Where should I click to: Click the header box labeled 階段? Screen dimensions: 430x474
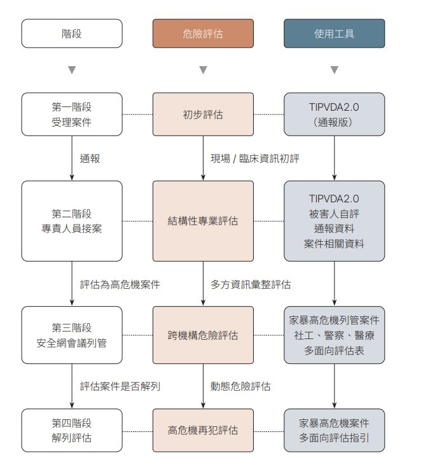(x=72, y=34)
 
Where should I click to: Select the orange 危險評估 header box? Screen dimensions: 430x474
(x=203, y=34)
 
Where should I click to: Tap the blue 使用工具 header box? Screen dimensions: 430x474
(x=334, y=34)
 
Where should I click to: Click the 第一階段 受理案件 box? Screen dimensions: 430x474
(x=72, y=115)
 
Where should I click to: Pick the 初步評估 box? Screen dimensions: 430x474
(x=203, y=115)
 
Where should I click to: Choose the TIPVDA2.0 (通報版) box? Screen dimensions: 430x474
(x=334, y=115)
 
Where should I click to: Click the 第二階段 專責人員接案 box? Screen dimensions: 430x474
(x=72, y=221)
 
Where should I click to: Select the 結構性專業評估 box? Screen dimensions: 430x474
(x=203, y=221)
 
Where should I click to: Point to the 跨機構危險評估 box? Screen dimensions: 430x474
(x=203, y=335)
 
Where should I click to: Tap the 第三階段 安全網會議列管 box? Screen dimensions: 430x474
(x=72, y=335)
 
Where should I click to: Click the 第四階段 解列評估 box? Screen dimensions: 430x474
(x=72, y=431)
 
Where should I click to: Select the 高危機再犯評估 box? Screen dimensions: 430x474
(x=203, y=431)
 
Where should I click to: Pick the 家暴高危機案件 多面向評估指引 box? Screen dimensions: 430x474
(x=334, y=431)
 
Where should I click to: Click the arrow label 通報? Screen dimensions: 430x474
(x=90, y=158)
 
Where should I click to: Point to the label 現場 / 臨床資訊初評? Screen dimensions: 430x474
(x=254, y=158)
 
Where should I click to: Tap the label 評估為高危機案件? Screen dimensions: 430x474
(x=120, y=284)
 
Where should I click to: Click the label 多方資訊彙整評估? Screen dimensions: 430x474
(x=251, y=284)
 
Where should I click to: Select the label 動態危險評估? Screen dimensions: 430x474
(x=240, y=386)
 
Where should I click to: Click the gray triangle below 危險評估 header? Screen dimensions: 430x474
(x=203, y=70)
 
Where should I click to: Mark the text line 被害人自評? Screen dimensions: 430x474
(x=334, y=214)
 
